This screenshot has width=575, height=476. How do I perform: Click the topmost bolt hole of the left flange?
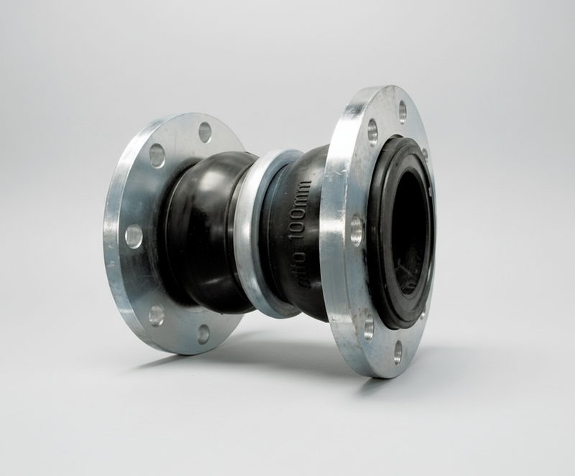point(205,132)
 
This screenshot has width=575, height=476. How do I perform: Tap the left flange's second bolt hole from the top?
point(157,154)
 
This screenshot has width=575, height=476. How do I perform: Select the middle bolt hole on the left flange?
point(134,235)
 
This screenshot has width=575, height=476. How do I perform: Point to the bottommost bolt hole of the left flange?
point(204,334)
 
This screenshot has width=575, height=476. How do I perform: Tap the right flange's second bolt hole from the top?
point(372,131)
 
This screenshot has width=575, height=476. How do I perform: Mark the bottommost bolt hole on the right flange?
point(397,353)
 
